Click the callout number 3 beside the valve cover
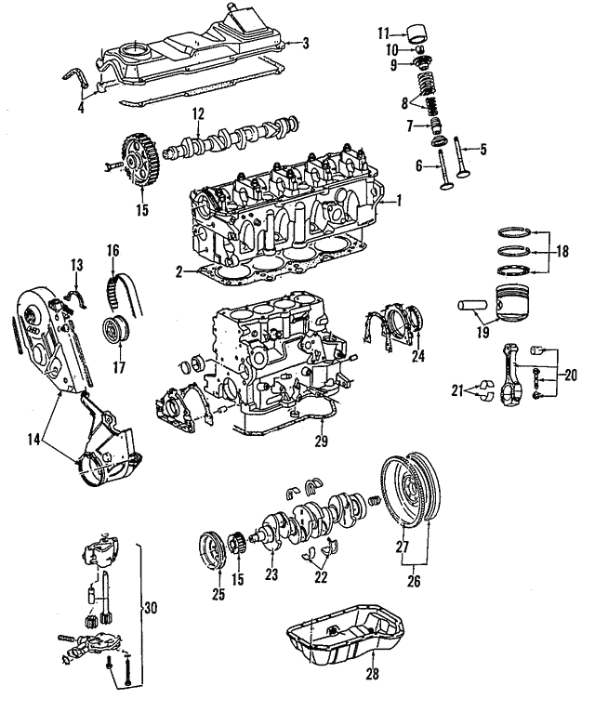click(x=306, y=43)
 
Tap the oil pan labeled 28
click(x=346, y=642)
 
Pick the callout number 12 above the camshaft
click(x=197, y=114)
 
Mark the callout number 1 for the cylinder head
click(x=398, y=200)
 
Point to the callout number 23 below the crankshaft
click(x=271, y=574)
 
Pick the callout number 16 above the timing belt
click(x=112, y=250)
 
